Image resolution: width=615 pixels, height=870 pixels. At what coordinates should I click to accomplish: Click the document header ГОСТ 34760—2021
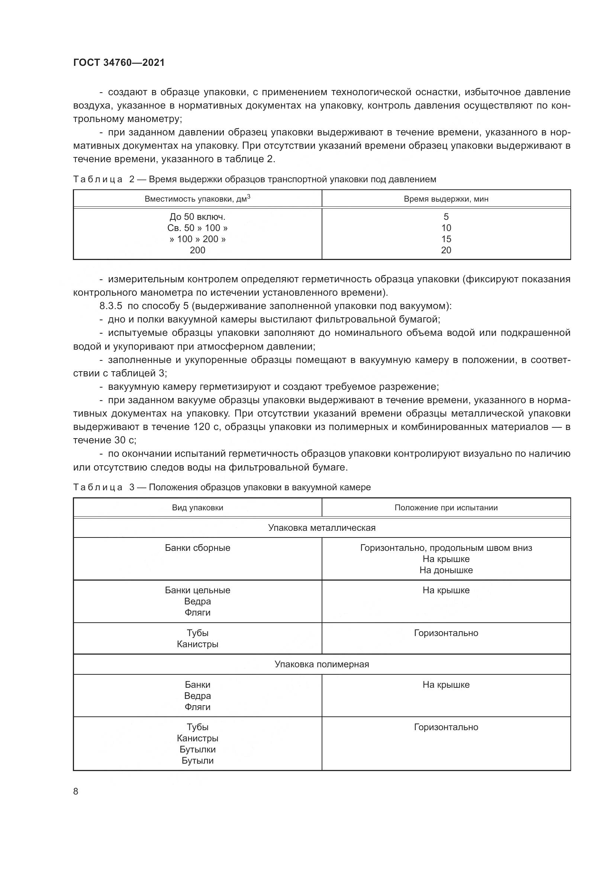click(x=119, y=62)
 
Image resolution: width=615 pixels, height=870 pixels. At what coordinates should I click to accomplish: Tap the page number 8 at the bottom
click(x=76, y=792)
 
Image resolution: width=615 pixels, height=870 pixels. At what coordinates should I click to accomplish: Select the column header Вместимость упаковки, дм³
click(x=197, y=199)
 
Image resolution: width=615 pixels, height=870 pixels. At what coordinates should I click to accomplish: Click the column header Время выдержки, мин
click(x=446, y=199)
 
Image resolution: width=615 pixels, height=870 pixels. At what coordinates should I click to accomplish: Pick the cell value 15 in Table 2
click(x=446, y=239)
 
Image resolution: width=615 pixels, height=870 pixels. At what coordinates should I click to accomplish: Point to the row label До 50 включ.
click(x=197, y=217)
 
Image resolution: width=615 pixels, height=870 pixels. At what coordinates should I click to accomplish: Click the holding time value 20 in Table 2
click(x=446, y=250)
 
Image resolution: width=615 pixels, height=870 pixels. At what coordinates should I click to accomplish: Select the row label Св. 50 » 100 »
click(x=197, y=228)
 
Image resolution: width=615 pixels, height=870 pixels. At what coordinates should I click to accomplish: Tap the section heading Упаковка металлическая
click(x=322, y=528)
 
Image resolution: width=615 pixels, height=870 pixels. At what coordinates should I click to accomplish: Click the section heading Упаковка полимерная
click(x=322, y=664)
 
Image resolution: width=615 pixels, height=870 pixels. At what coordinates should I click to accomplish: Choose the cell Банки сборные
click(x=197, y=548)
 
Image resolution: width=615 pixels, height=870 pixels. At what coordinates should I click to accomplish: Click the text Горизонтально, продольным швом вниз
click(x=446, y=548)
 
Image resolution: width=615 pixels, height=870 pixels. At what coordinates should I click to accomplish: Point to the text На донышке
click(x=446, y=570)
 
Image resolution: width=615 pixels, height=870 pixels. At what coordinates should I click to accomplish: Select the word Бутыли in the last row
click(x=197, y=761)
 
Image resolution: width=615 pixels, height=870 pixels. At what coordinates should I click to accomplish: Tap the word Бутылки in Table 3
click(x=197, y=749)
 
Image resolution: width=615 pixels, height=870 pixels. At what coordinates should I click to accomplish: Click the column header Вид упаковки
click(x=197, y=508)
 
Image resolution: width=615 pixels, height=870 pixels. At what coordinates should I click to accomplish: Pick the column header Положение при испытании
click(x=446, y=508)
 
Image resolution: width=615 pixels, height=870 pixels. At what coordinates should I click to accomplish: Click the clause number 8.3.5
click(x=110, y=306)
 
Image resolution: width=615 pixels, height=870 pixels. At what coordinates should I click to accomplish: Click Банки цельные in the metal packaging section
click(x=197, y=590)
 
